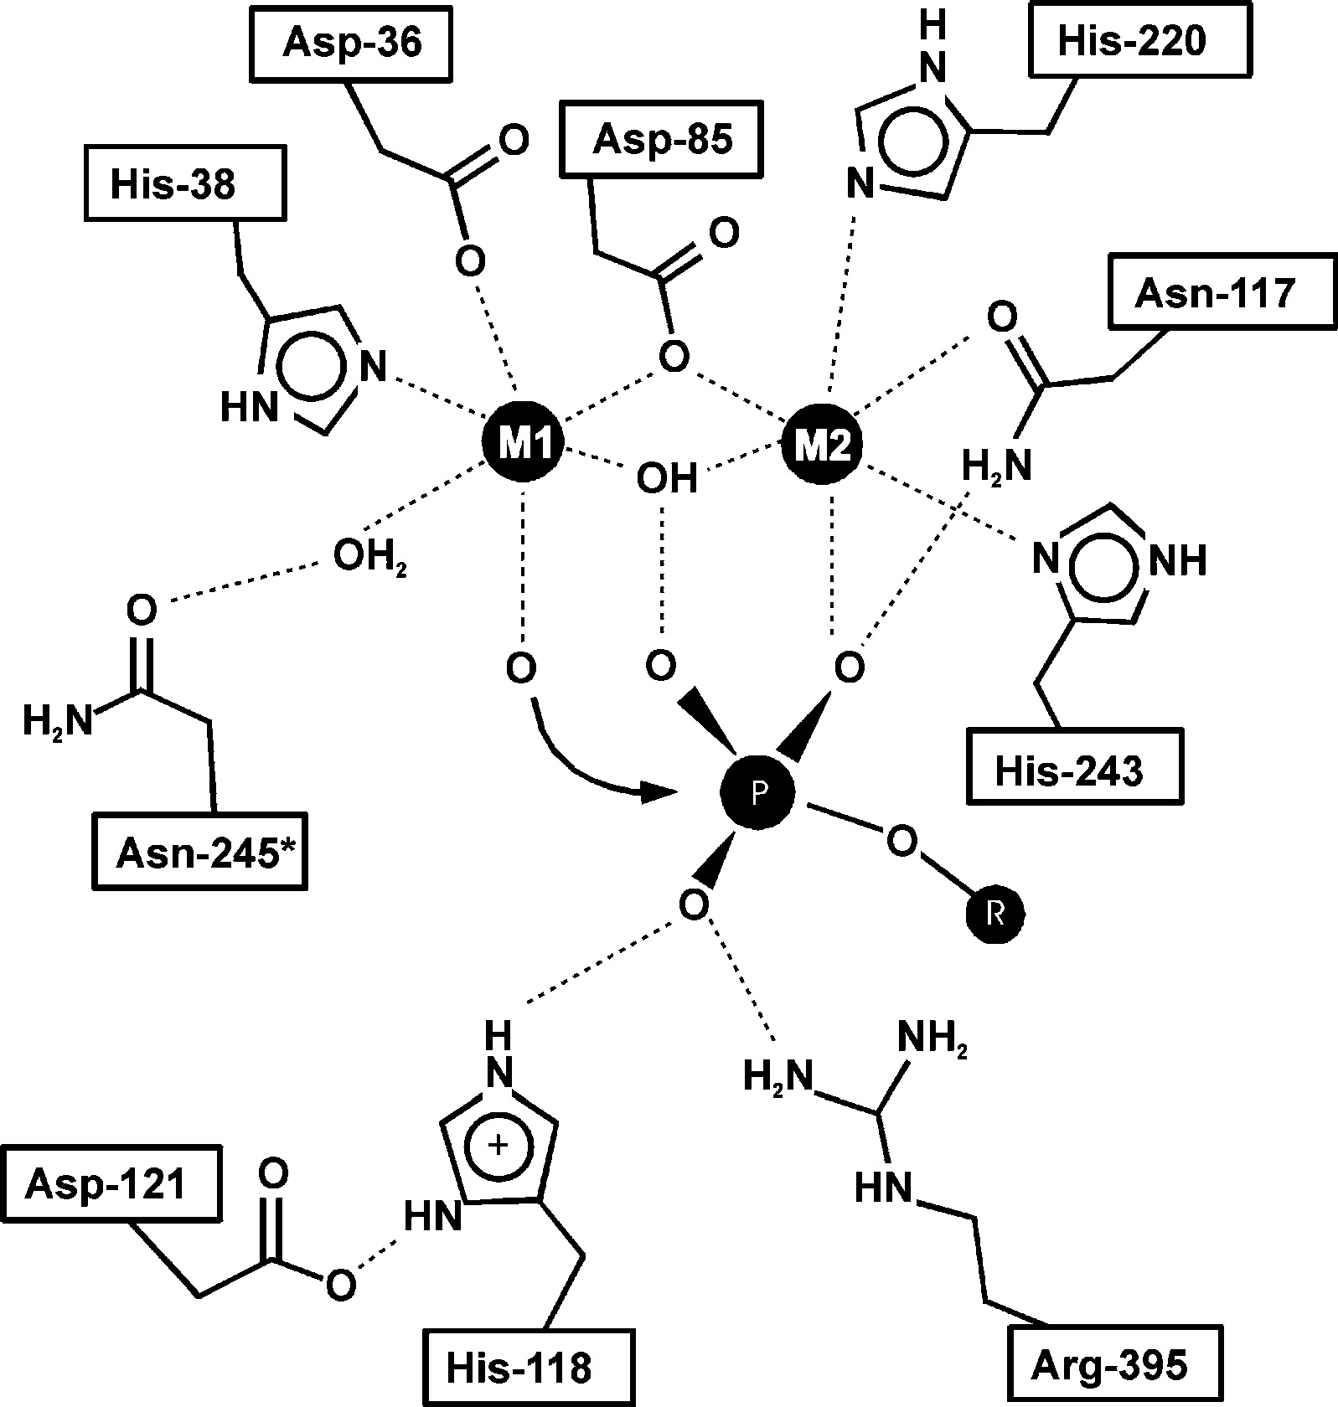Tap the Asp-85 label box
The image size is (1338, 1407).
[662, 139]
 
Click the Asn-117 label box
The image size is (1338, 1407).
[1214, 293]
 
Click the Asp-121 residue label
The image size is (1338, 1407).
[105, 1185]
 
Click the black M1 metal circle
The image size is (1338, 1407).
[522, 442]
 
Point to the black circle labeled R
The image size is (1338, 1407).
[995, 915]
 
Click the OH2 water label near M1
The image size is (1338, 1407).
[369, 557]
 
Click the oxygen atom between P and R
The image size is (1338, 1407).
[902, 842]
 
